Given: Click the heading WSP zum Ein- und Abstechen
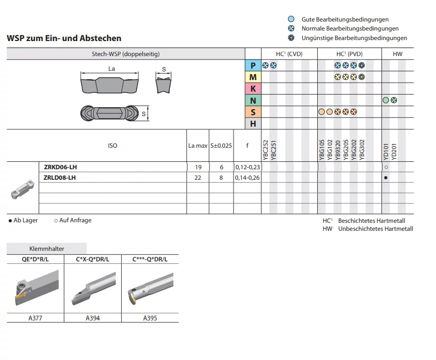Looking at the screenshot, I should (64, 38).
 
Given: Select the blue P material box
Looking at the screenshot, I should (253, 66).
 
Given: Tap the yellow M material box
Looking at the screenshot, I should (253, 77).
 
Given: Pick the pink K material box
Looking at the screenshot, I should (253, 89).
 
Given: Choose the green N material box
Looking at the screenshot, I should (253, 100).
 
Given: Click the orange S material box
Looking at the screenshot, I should (253, 112).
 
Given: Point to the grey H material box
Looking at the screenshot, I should (253, 123).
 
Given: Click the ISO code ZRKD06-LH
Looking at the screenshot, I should (60, 167).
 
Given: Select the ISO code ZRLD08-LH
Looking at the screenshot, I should (60, 177).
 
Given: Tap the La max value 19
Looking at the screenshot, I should (197, 167).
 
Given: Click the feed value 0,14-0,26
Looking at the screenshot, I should (247, 177).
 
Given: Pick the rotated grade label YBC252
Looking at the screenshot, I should (266, 150).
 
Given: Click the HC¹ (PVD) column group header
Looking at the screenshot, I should (349, 54).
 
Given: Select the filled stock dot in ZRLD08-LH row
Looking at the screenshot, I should (386, 178).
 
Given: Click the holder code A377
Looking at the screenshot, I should (35, 318).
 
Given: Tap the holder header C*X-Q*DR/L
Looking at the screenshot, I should (93, 259).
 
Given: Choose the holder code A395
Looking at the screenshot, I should (150, 318).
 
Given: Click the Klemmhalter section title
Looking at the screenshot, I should (47, 248).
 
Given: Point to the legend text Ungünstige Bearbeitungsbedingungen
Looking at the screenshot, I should (354, 38).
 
